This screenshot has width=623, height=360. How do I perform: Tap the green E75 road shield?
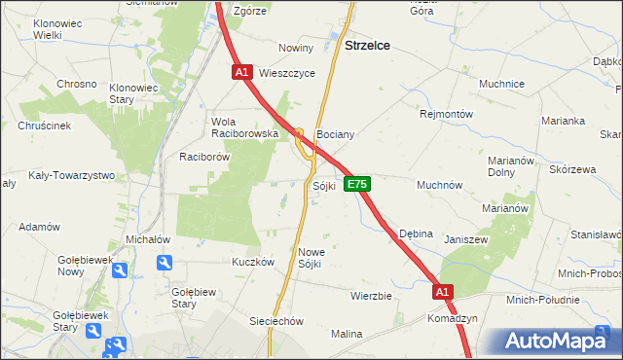357,183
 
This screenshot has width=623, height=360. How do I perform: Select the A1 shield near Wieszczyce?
242,72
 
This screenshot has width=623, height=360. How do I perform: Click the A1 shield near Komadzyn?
443,291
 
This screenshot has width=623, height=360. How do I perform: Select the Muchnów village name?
439,184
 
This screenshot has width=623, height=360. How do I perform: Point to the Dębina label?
416,234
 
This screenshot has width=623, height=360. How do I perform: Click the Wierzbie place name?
371,296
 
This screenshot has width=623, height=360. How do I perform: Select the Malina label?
346,334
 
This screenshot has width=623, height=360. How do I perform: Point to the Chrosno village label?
76,84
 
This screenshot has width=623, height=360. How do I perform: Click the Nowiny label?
296,48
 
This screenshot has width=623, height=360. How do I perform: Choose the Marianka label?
565,121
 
